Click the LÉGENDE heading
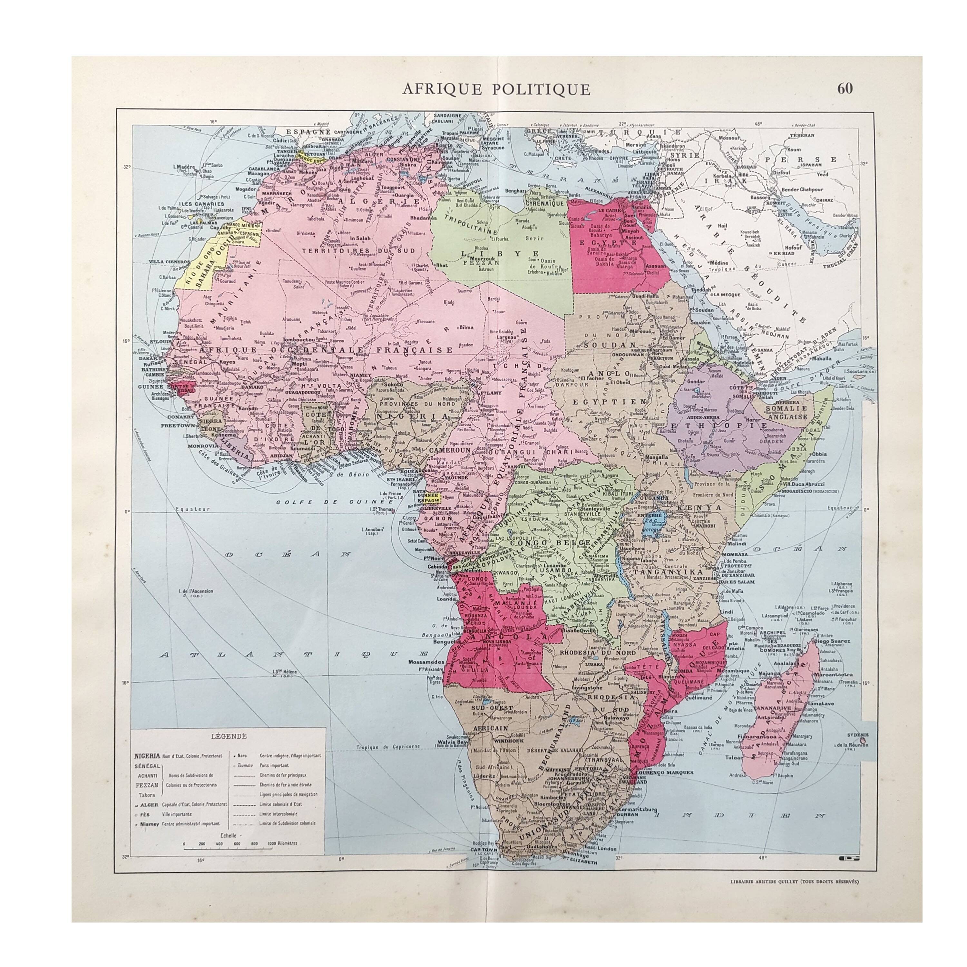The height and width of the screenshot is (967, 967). click(228, 736)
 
